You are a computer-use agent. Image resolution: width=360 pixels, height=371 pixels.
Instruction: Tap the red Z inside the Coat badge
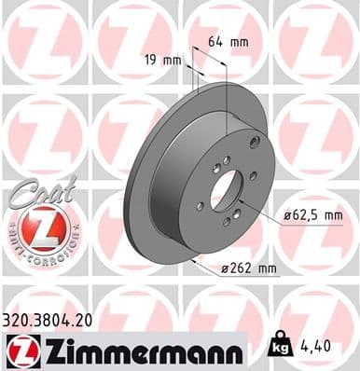36,227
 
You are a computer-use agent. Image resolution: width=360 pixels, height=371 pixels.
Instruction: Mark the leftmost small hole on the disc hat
199,206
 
